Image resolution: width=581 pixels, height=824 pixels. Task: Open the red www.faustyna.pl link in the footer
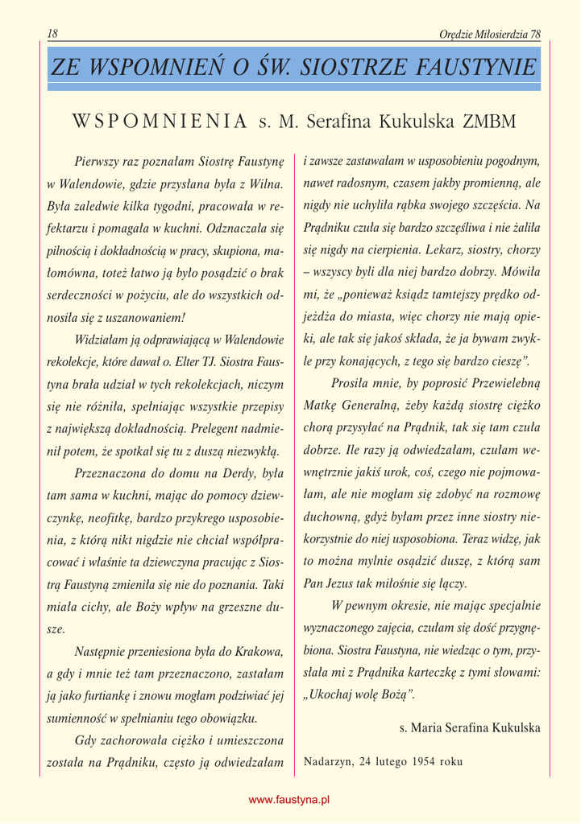pos(290,800)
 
